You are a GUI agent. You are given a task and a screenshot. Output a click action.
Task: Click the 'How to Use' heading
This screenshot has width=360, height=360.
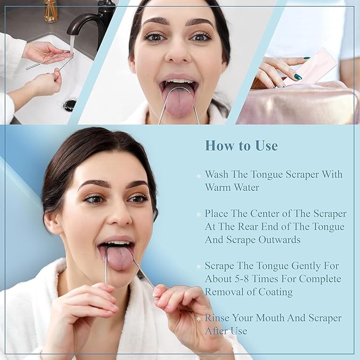click(x=241, y=145)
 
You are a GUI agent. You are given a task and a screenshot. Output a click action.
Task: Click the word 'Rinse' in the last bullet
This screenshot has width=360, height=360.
click(x=218, y=318)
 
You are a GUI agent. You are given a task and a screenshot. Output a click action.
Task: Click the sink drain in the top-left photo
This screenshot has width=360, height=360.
click(x=69, y=104)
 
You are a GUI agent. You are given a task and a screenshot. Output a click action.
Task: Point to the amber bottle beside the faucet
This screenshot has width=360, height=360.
click(x=51, y=11)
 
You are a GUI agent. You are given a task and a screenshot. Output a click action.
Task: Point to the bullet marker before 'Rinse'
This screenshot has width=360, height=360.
click(x=199, y=319)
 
